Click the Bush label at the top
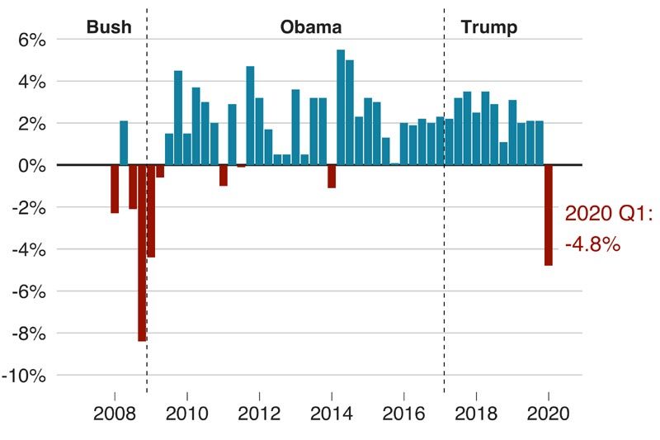click(108, 27)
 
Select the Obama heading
click(311, 27)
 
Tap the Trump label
click(488, 27)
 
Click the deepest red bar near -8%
click(142, 253)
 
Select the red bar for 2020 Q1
click(548, 215)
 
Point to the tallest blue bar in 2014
click(341, 107)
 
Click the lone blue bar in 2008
click(124, 143)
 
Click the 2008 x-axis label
click(115, 412)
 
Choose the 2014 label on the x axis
click(332, 412)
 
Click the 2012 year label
click(259, 412)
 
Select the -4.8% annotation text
click(592, 245)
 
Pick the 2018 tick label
click(476, 412)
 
